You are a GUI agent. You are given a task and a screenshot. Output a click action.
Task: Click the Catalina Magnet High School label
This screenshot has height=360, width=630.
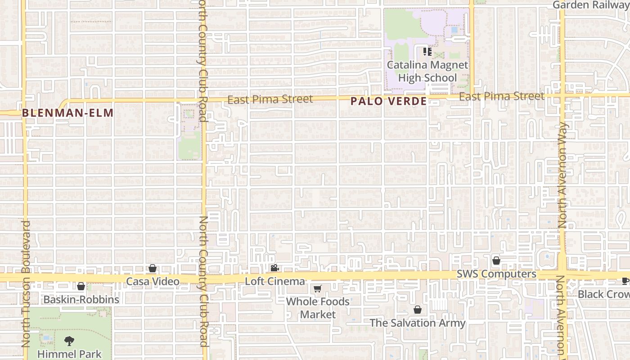click(x=427, y=72)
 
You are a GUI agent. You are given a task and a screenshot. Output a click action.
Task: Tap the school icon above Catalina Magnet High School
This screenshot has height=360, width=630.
click(x=427, y=52)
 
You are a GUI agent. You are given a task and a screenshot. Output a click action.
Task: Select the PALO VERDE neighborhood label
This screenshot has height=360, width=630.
click(x=388, y=101)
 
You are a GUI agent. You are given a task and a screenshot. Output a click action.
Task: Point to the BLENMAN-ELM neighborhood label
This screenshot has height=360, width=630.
click(x=67, y=112)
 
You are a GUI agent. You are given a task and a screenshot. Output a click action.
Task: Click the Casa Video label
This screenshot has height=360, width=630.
click(x=153, y=282)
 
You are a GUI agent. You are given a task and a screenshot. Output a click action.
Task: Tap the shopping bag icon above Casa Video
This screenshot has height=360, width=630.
click(x=153, y=268)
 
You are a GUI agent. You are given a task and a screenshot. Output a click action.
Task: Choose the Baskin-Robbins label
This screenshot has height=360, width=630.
click(x=81, y=299)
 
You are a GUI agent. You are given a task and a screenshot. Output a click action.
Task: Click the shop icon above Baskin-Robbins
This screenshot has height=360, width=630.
click(x=81, y=286)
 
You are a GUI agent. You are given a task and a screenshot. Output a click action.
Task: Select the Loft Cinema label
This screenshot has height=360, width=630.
click(x=274, y=282)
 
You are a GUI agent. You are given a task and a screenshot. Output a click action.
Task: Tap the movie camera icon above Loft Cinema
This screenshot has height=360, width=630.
click(x=274, y=268)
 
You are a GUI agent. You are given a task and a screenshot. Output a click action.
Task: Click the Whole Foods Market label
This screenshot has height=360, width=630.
click(x=318, y=308)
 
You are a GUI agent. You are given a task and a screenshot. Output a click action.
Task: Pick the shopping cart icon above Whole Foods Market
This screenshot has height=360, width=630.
click(x=317, y=288)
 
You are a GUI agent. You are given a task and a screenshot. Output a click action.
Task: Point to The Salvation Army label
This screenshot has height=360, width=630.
click(x=417, y=323)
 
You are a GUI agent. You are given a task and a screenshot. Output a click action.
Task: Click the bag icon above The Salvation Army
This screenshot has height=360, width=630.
click(x=417, y=310)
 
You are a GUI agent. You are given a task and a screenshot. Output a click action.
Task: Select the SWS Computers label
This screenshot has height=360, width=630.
click(x=496, y=274)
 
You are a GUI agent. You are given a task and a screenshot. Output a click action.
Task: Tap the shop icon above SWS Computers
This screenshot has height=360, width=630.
click(x=496, y=261)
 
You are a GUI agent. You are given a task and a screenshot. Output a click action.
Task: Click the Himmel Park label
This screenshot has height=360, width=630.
click(x=69, y=354)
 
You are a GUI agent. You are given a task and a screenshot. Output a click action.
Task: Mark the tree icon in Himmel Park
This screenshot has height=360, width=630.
click(x=69, y=341)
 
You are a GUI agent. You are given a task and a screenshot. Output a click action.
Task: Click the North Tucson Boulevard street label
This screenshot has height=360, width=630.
click(x=26, y=283)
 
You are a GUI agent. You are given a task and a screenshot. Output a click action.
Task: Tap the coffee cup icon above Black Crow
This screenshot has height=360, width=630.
click(x=625, y=281)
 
